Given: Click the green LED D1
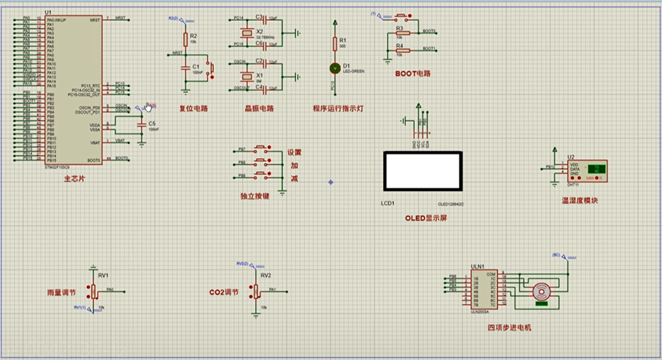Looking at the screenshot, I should click(335, 67).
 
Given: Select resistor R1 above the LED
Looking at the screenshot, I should click(335, 43).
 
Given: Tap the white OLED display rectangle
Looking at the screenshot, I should click(422, 170).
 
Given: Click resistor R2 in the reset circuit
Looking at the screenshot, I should click(185, 39).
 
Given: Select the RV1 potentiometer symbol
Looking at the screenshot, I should click(94, 291).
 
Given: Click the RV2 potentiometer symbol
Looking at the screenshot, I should click(257, 290).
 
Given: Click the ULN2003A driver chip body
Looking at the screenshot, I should click(483, 290).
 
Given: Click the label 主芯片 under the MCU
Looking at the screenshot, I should click(74, 180).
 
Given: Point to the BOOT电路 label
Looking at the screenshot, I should click(412, 74).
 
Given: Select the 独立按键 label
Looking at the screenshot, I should click(255, 196).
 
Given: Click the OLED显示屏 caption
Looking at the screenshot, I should click(426, 218).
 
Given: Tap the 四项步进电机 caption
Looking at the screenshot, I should click(510, 328).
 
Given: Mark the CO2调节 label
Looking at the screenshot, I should click(224, 293).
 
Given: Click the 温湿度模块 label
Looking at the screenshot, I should click(579, 201).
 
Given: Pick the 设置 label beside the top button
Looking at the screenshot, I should click(295, 152).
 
